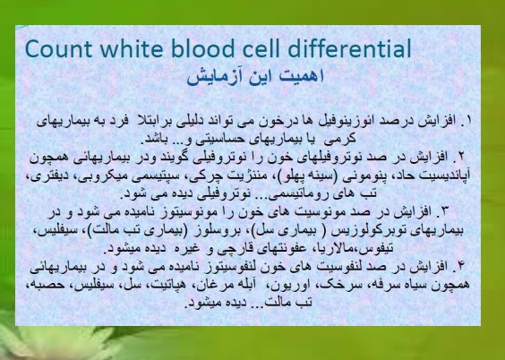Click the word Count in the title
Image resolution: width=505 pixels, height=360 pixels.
(58, 49)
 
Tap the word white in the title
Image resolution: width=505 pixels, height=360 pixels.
(133, 48)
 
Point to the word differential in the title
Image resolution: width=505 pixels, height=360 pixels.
(350, 48)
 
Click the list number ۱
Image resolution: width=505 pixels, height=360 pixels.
(468, 120)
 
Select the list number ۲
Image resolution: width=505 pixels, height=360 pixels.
(460, 157)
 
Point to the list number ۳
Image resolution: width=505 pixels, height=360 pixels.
(445, 211)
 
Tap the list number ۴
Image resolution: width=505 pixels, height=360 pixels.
(461, 266)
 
